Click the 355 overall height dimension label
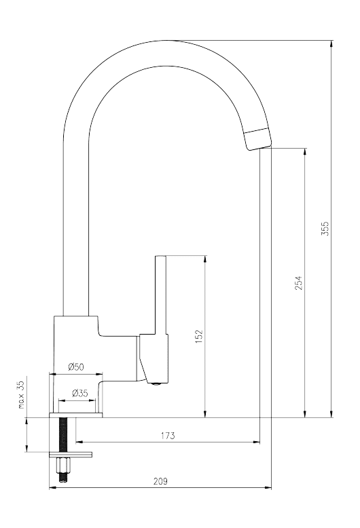tap(324, 229)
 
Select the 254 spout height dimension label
tap(298, 283)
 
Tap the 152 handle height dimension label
tap(199, 337)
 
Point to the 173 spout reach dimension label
tap(168, 436)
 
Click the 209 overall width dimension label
tap(160, 481)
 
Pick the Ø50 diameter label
tap(75, 366)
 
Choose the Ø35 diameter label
tap(80, 393)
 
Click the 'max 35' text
tap(21, 395)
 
